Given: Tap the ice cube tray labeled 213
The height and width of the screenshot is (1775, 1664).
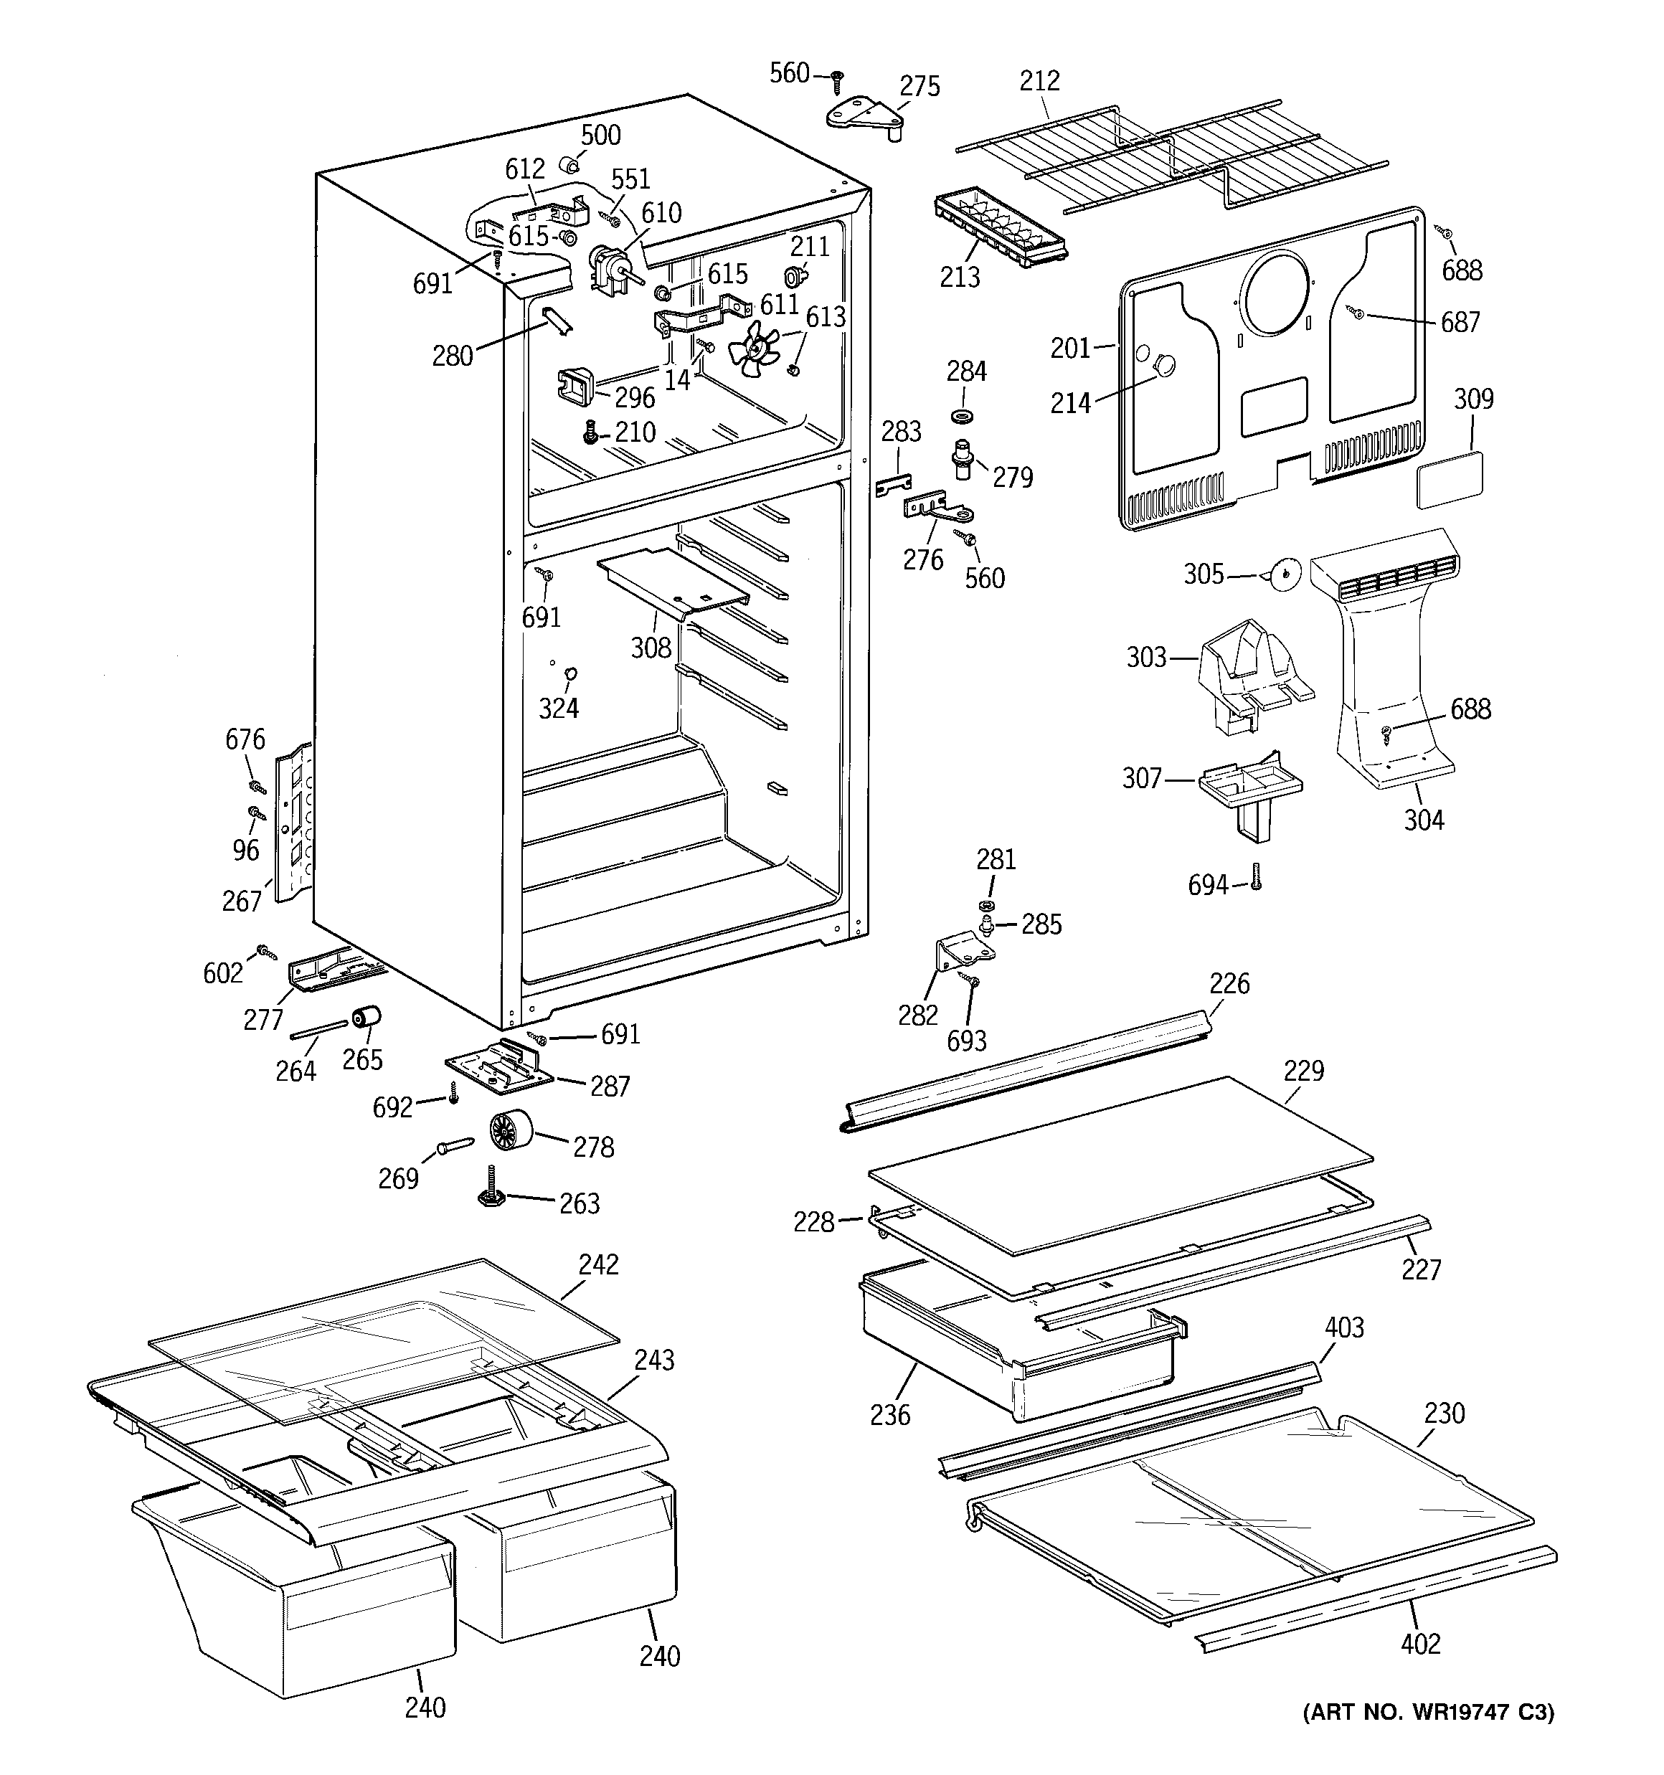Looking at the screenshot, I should click(1001, 227).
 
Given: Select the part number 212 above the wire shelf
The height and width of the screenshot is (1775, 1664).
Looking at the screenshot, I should click(1040, 80).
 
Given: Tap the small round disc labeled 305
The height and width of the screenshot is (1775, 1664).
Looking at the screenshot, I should click(1284, 575).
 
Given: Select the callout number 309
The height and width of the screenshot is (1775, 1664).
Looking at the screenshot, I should click(1473, 398).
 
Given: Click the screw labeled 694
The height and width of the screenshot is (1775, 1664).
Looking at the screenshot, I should click(1256, 878).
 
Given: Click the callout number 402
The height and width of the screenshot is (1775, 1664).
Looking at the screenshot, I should click(1420, 1644).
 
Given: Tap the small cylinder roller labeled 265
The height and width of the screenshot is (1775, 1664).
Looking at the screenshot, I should click(365, 1018).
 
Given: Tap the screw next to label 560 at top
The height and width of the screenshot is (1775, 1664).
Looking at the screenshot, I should click(837, 80).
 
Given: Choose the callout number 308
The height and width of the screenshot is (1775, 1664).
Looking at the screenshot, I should click(651, 648).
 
